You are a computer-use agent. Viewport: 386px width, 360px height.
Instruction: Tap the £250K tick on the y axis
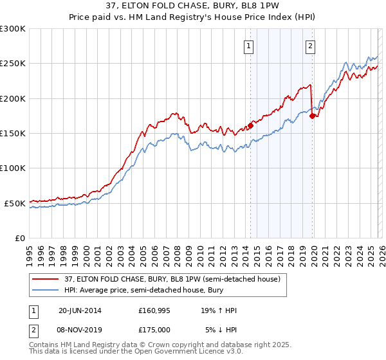pyautogui.click(x=13, y=64)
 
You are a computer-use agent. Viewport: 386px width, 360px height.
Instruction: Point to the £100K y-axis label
pyautogui.click(x=13, y=168)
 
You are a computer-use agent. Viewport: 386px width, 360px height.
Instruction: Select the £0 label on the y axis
pyautogui.click(x=19, y=238)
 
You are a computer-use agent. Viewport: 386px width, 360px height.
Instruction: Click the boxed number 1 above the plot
pyautogui.click(x=248, y=46)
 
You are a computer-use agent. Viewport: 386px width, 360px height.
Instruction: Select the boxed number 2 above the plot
pyautogui.click(x=310, y=46)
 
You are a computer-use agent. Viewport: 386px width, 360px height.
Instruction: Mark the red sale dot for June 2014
pyautogui.click(x=251, y=126)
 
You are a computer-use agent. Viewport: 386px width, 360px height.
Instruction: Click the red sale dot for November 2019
pyautogui.click(x=313, y=116)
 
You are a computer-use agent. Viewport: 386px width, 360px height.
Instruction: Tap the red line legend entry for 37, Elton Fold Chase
pyautogui.click(x=172, y=280)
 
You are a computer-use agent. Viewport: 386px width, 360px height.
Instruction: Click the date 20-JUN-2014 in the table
pyautogui.click(x=80, y=310)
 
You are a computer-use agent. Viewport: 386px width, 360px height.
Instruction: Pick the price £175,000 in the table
pyautogui.click(x=154, y=329)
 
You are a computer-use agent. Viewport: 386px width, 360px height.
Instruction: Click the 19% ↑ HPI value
pyautogui.click(x=219, y=310)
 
